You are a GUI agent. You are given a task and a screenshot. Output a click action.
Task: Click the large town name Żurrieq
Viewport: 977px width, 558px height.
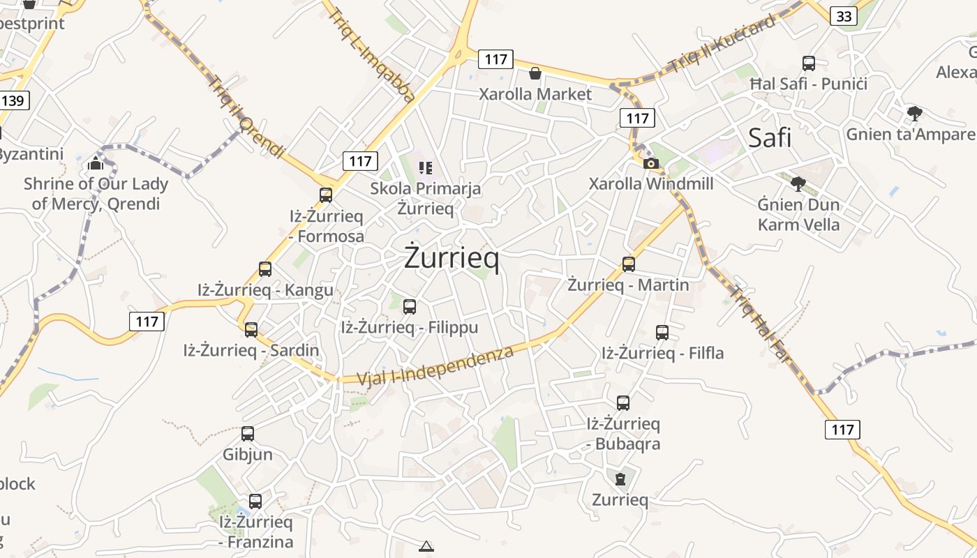point(452,258)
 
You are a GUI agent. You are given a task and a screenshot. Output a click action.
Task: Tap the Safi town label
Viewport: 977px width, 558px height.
point(770,137)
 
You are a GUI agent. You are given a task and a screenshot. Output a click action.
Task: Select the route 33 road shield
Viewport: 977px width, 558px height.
point(843,16)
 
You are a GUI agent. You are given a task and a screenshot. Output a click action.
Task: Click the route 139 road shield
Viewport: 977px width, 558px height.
point(13,100)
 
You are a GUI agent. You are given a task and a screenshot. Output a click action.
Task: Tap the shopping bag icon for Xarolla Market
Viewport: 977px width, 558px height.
point(535,73)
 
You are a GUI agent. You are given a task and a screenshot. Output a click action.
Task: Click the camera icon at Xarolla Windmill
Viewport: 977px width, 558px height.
point(650,164)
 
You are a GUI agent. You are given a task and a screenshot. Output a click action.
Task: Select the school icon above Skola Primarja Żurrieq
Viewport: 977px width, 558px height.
point(425,167)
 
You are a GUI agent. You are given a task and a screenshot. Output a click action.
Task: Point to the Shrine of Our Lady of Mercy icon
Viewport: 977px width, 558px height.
point(96,164)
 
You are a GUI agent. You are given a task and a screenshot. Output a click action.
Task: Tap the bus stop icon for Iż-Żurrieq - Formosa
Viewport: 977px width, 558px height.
point(326,195)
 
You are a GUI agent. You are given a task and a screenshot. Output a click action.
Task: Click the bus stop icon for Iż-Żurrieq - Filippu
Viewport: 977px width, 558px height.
point(410,306)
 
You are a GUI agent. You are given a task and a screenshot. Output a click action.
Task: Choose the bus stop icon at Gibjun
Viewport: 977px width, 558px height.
point(248,434)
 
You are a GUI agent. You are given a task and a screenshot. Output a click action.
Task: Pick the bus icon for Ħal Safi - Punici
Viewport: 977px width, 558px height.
point(809,63)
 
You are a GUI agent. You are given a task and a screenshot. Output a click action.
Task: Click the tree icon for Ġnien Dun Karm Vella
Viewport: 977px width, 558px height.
point(798,184)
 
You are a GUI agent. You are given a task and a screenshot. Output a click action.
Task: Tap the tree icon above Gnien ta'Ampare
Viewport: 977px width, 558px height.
point(914,113)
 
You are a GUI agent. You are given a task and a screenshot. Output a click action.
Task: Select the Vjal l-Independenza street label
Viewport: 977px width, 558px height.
point(435,365)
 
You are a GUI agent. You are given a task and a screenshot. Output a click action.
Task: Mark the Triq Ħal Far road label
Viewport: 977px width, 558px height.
point(761,324)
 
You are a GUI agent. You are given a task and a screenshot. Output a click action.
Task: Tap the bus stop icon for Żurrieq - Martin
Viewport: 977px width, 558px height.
point(629,264)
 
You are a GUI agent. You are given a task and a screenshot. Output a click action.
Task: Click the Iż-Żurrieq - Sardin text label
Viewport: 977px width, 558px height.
point(251,350)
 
